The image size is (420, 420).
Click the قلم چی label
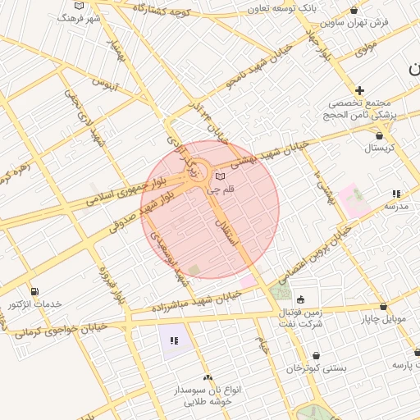click(223, 189)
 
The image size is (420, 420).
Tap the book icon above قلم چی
click(219, 176)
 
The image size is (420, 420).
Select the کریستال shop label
click(379, 149)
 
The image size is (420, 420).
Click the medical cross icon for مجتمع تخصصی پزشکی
click(359, 89)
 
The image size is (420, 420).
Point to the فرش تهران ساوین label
click(352, 25)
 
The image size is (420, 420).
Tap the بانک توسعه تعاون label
click(283, 8)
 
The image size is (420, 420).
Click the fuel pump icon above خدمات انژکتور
click(34, 291)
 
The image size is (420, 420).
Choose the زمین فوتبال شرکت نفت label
click(300, 317)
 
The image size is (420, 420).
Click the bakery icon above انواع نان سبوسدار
click(208, 377)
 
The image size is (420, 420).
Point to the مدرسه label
click(396, 206)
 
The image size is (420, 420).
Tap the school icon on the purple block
click(174, 340)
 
